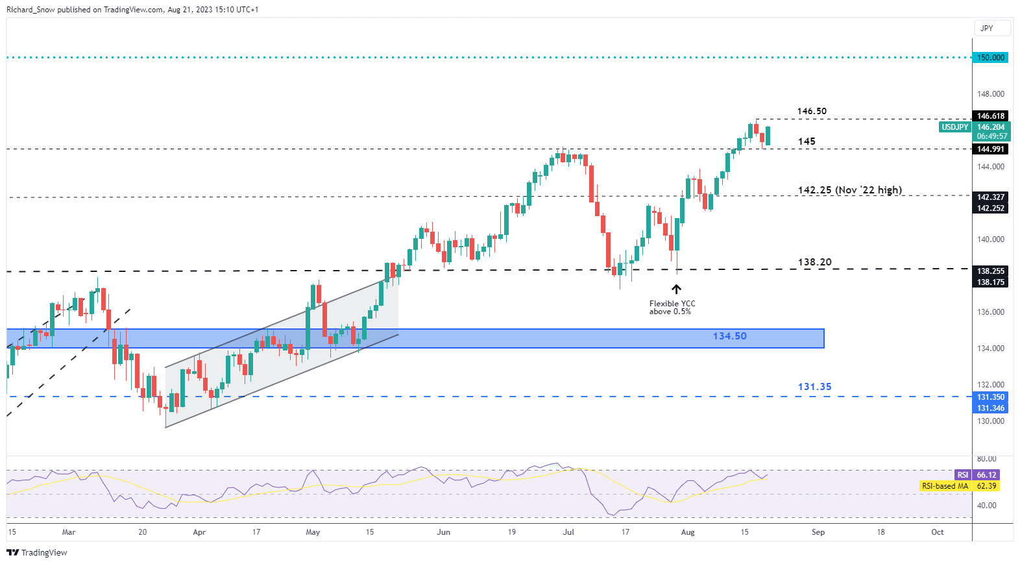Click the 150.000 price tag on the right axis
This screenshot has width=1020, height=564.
pyautogui.click(x=991, y=58)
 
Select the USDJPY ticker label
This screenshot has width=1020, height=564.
pyautogui.click(x=955, y=127)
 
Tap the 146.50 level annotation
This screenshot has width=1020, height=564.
pyautogui.click(x=812, y=111)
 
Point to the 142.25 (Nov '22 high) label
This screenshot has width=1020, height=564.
pyautogui.click(x=849, y=190)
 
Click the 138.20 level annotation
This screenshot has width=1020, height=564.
pyautogui.click(x=814, y=262)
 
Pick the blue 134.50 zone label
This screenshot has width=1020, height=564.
pyautogui.click(x=729, y=336)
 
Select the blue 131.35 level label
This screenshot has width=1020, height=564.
pyautogui.click(x=814, y=387)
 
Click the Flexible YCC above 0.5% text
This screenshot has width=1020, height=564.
pyautogui.click(x=672, y=308)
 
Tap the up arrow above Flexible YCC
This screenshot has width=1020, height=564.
pyautogui.click(x=676, y=289)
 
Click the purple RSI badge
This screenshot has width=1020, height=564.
pyautogui.click(x=963, y=475)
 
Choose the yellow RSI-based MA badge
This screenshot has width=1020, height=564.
pyautogui.click(x=945, y=486)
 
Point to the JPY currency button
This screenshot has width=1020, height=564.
pyautogui.click(x=986, y=29)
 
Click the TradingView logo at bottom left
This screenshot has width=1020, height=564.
pyautogui.click(x=37, y=553)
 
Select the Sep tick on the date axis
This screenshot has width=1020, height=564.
pyautogui.click(x=818, y=532)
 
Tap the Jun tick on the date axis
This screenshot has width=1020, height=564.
pyautogui.click(x=443, y=532)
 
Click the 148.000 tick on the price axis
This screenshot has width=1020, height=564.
pyautogui.click(x=991, y=94)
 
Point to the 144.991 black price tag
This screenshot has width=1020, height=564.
pyautogui.click(x=991, y=149)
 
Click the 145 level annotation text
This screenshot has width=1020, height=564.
pyautogui.click(x=807, y=141)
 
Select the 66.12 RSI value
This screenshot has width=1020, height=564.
pyautogui.click(x=986, y=475)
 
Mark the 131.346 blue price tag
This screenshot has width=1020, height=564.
pyautogui.click(x=991, y=408)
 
